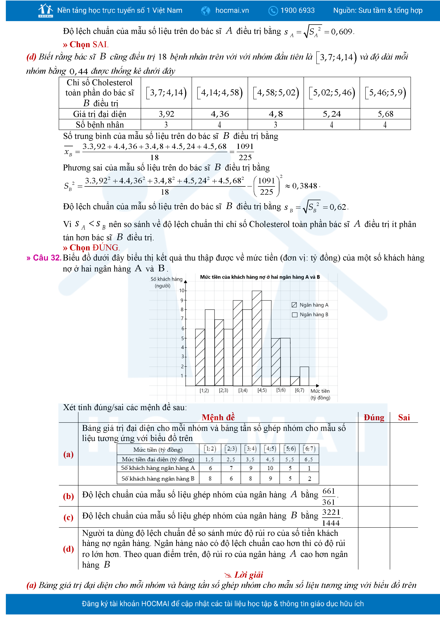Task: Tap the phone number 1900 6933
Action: tap(297, 11)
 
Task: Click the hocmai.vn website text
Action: tap(232, 11)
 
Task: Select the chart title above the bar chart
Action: tap(260, 277)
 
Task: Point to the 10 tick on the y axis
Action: tap(181, 290)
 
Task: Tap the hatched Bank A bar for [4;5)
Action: tap(257, 339)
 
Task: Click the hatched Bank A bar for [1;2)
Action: tap(200, 358)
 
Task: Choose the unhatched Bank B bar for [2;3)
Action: tap(228, 358)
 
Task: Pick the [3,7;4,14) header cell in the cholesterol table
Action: tap(166, 93)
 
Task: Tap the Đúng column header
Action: tap(374, 417)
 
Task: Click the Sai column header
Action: tap(404, 417)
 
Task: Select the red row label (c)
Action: tap(68, 517)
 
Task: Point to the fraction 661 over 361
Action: tap(329, 496)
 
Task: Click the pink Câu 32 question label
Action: tap(44, 258)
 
